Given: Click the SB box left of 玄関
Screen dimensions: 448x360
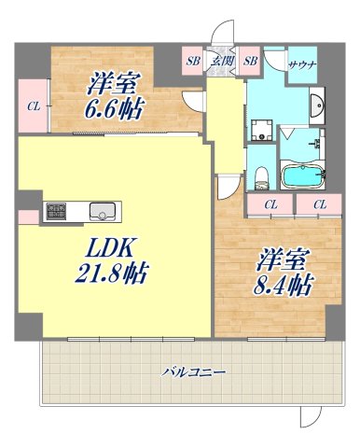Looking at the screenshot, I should (x=193, y=62).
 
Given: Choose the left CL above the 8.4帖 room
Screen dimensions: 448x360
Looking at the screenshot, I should (x=270, y=204).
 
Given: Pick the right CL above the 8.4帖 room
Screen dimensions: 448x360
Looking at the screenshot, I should (x=320, y=204).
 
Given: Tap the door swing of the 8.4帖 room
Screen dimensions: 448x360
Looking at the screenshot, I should (x=227, y=187).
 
